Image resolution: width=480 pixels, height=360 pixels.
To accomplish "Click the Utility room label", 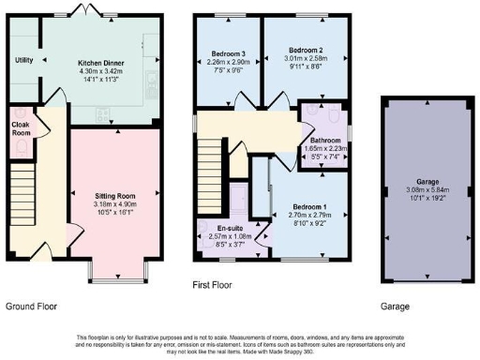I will coord(24,60).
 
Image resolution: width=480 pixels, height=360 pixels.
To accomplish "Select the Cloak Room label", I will coord(21,127).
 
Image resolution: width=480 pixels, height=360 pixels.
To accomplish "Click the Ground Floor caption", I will coord(32,307).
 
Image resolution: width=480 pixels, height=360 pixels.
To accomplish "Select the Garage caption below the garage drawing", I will coord(395,307).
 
